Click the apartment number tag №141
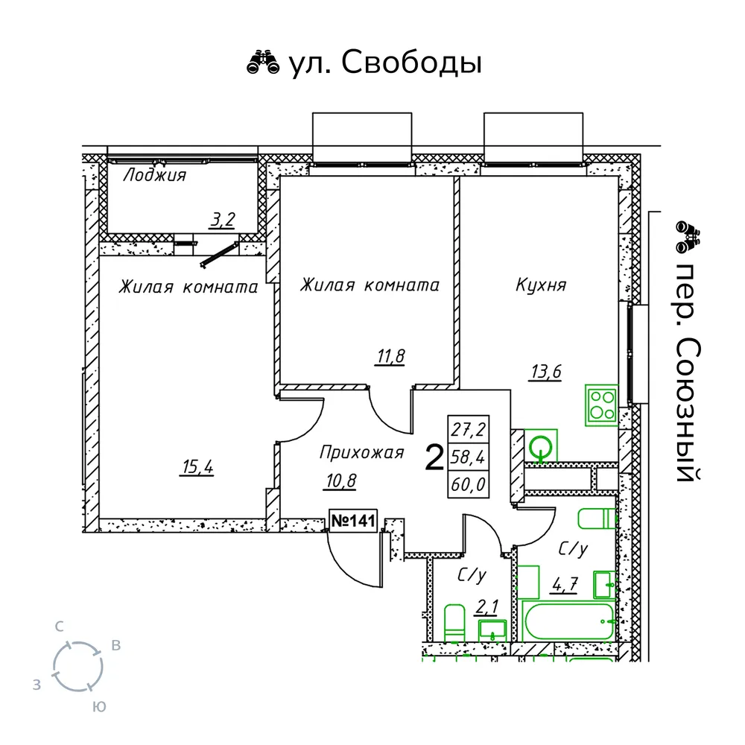coord(353,521)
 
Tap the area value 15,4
coord(197,467)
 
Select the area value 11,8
coord(390,356)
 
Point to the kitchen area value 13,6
coord(546,371)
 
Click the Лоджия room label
coord(155,175)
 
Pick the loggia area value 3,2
coord(222,220)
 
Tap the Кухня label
coord(541,285)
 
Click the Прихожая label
coord(361,452)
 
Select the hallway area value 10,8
coord(340,481)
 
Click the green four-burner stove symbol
coord(601,405)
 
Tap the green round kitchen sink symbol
coord(541,446)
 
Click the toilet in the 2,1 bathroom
coord(454,624)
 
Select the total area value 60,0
coord(469,485)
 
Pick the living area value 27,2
coord(469,430)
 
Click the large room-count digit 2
coord(434,457)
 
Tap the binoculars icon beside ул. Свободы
coord(263,63)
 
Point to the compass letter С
coord(59,627)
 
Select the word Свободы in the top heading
coord(411,63)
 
